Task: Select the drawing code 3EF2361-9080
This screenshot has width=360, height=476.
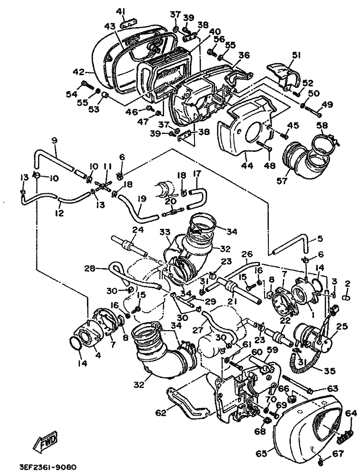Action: tap(48, 467)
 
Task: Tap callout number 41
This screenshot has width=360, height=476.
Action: tap(121, 11)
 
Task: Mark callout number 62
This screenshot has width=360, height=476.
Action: tap(160, 413)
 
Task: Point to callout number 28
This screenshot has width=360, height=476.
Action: tap(89, 269)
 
